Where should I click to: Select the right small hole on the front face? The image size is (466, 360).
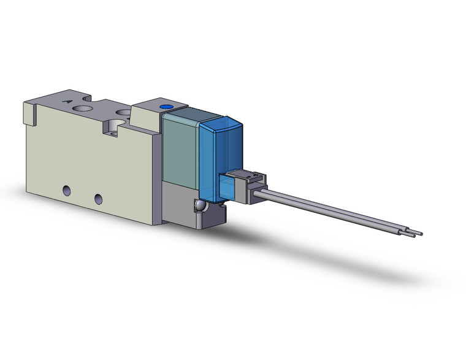98,197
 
